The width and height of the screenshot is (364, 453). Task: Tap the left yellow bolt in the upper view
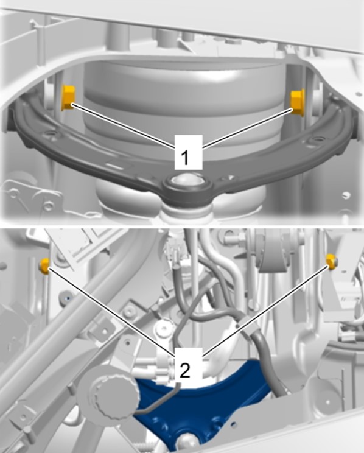point(68,97)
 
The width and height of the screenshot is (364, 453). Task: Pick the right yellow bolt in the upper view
point(297,102)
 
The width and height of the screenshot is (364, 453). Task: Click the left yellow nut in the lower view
point(45,266)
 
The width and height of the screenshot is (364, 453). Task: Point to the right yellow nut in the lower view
point(331,261)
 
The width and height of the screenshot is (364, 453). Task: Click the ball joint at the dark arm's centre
point(183,181)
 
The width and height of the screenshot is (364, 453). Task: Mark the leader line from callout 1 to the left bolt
point(124,125)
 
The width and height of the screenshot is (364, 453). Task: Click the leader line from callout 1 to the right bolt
point(248,128)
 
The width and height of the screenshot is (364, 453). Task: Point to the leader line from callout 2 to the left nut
point(111,312)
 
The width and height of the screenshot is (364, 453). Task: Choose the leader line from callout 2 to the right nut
point(266,309)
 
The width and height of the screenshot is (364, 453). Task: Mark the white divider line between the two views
point(182,227)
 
